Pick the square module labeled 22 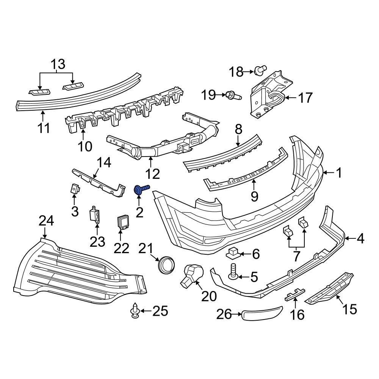pos(122,222)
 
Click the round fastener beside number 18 pos(259,70)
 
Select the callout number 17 pos(305,98)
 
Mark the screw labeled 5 pos(233,273)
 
